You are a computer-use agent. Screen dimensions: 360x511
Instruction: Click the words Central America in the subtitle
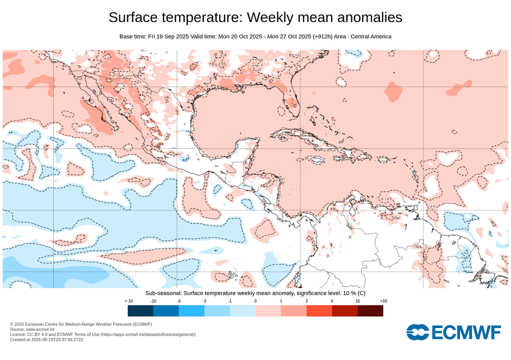(x=371, y=36)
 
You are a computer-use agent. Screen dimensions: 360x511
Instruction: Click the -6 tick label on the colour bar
(x=179, y=301)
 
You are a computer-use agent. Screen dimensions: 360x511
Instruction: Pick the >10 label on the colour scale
(x=383, y=301)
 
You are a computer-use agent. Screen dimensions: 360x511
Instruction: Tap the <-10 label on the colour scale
(x=128, y=301)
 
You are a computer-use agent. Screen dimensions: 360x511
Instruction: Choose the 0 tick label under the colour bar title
(x=255, y=301)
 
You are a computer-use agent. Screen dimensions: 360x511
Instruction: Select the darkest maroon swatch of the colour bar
(x=370, y=311)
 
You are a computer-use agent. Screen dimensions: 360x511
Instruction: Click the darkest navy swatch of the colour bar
(x=140, y=311)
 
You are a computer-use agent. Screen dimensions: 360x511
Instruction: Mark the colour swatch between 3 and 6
(x=319, y=311)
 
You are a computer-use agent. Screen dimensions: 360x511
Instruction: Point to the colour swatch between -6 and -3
(x=192, y=311)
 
